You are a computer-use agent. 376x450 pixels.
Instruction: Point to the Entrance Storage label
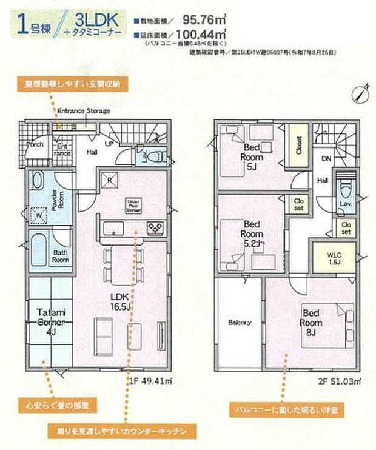pyautogui.click(x=84, y=112)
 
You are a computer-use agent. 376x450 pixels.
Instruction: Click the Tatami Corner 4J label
pyautogui.click(x=49, y=321)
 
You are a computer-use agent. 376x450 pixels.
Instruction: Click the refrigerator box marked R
pyautogui.click(x=110, y=180)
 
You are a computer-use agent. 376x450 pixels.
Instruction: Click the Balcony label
pyautogui.click(x=240, y=322)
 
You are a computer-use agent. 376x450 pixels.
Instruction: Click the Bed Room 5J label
pyautogui.click(x=252, y=156)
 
